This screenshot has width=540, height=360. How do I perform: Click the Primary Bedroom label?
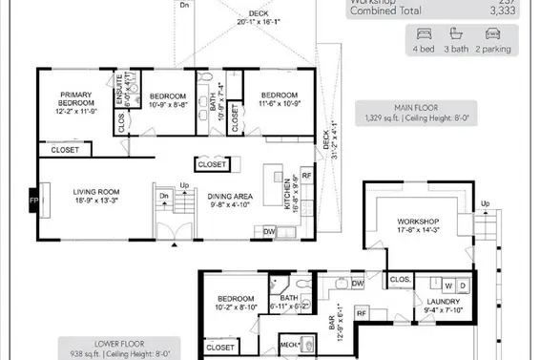(x=74, y=99)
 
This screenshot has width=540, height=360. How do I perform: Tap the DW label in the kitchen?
(x=270, y=231)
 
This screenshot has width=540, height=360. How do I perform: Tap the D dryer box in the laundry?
(x=463, y=286)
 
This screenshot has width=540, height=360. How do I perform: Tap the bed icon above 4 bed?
(x=422, y=32)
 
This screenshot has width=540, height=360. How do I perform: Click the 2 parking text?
(x=496, y=48)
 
